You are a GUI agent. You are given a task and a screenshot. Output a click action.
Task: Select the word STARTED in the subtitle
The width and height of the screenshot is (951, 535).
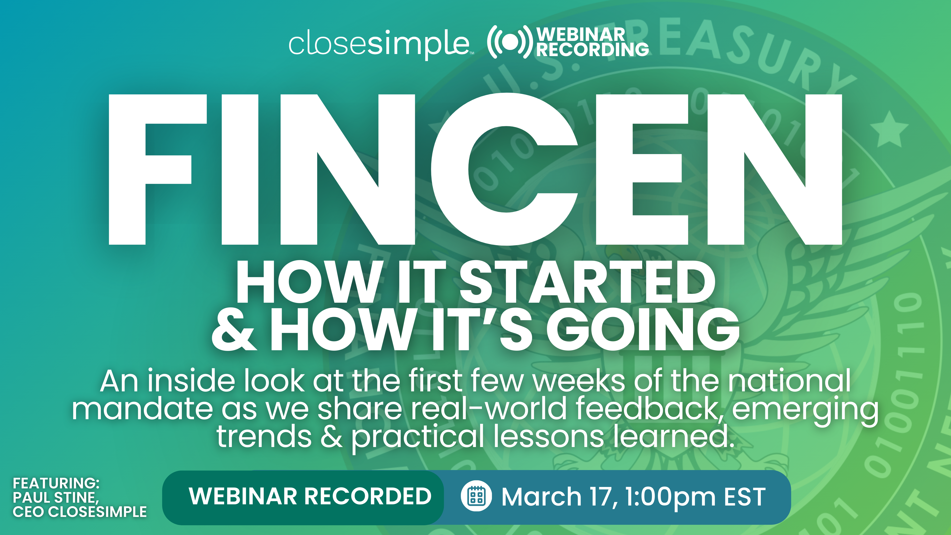(x=587, y=282)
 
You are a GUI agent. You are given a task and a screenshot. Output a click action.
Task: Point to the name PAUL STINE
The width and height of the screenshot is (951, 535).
(x=56, y=497)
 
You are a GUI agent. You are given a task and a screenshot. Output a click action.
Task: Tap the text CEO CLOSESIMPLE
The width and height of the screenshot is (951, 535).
(x=80, y=512)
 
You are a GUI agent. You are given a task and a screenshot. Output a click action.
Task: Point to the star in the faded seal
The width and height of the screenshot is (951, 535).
(x=889, y=129)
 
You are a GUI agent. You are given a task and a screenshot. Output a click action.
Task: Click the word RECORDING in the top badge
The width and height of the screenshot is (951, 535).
(x=592, y=50)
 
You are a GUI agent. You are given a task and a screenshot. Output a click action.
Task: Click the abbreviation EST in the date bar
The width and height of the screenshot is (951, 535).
(x=745, y=497)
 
